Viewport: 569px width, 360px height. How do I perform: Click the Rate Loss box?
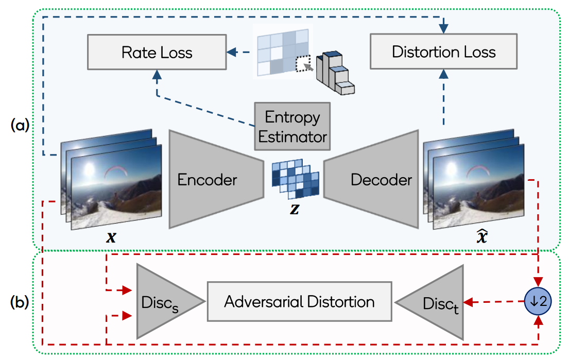[x=157, y=53]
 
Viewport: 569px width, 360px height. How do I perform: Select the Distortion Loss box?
[x=443, y=52]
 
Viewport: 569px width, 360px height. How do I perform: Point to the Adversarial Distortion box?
[x=299, y=301]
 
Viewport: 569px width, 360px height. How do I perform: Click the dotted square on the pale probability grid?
[x=302, y=64]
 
